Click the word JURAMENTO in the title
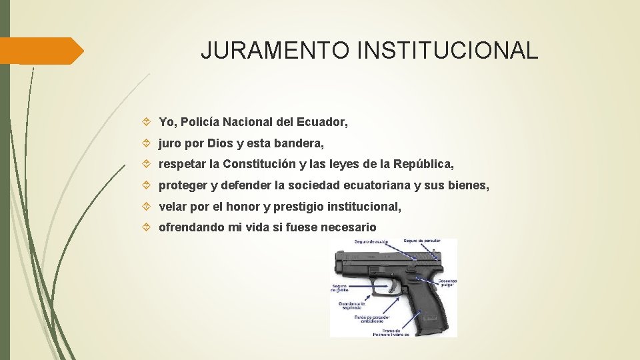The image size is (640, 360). [x=275, y=51]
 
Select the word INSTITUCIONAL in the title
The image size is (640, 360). [x=447, y=51]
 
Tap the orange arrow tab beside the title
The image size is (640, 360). [x=41, y=51]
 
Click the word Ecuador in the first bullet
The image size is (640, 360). [x=323, y=123]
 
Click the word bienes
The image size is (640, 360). [x=467, y=185]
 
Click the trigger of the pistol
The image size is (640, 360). [x=391, y=288]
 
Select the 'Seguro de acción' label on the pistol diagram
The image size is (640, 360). [x=371, y=242]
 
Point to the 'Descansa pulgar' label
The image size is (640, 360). [x=447, y=283]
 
